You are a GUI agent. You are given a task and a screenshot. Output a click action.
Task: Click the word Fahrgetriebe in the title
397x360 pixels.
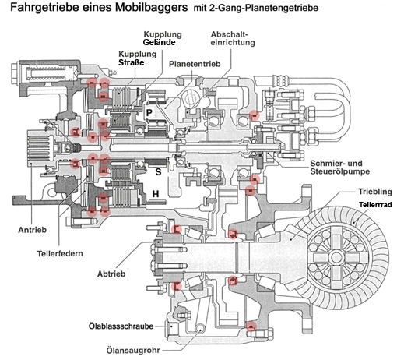44,7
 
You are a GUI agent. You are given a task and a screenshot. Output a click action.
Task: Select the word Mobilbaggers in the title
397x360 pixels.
152,7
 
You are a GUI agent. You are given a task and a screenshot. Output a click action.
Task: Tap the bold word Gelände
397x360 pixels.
159,42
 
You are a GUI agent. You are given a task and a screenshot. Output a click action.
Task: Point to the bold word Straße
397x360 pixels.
132,62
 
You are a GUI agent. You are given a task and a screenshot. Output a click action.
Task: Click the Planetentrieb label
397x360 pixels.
195,64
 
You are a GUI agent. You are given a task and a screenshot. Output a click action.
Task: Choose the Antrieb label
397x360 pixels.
33,230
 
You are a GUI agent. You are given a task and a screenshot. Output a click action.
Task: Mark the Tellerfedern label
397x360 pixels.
60,253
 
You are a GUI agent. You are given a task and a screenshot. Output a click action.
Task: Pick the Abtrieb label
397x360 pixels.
111,274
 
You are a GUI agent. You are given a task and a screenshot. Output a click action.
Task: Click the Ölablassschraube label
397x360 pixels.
121,326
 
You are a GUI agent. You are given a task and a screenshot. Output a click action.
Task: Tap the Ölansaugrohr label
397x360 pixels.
133,351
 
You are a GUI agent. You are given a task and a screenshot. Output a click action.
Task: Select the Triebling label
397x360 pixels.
375,192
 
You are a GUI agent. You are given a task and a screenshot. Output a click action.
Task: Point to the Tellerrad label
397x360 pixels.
375,205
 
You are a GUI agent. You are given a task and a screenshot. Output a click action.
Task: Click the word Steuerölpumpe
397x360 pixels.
340,171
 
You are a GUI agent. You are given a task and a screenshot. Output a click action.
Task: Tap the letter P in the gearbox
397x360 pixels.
149,113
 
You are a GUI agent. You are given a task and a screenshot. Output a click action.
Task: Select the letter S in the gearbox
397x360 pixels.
158,171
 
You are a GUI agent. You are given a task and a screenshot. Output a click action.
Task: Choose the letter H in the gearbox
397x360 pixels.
156,194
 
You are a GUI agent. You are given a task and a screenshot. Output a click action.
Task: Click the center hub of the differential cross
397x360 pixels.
336,257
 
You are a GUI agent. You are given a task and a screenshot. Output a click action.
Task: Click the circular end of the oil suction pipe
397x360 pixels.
200,328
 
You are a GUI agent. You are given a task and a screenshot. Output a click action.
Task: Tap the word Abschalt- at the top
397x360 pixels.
229,34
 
